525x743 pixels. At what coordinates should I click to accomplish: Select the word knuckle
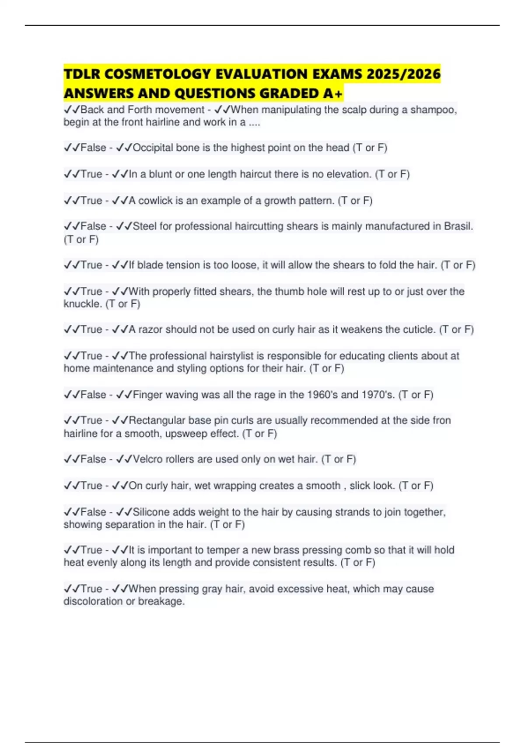82,304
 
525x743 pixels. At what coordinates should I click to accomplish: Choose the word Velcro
149,459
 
